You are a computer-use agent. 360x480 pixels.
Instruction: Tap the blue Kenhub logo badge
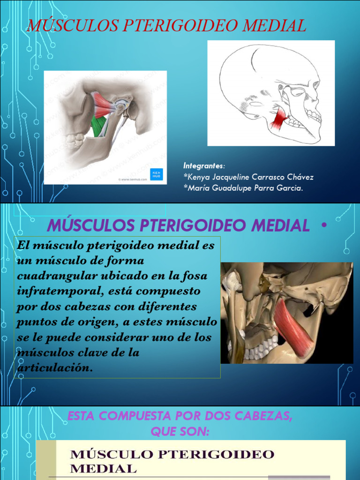coord(156,174)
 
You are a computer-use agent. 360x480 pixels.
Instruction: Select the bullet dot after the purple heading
coord(323,225)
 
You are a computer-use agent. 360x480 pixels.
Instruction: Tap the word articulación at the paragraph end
coord(53,367)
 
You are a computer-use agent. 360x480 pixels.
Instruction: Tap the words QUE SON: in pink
coord(180,432)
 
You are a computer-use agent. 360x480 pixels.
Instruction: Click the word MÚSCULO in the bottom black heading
coord(112,454)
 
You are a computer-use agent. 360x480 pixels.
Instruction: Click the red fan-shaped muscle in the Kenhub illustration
coord(103,104)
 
